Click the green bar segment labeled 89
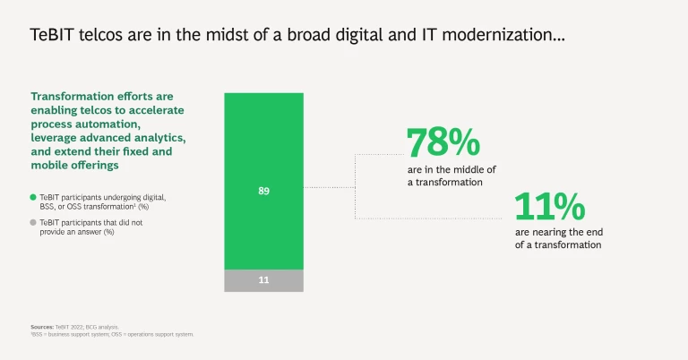[x=263, y=143]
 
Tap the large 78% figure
[x=443, y=143]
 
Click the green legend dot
[x=33, y=196]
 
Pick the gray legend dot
[x=33, y=222]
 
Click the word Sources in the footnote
[x=41, y=328]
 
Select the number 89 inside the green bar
[x=263, y=190]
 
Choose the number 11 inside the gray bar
[x=263, y=280]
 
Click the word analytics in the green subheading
[x=157, y=138]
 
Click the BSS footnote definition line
[x=112, y=334]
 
